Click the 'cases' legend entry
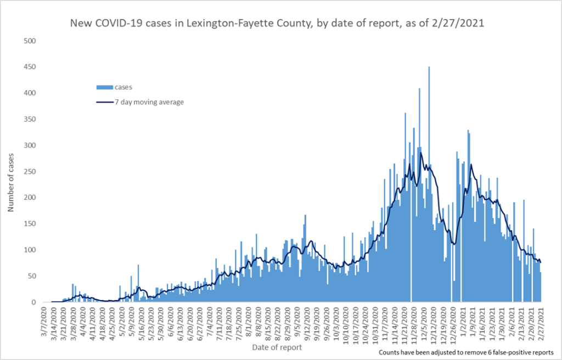coord(121,87)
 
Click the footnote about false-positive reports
coord(466,352)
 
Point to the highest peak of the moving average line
coord(421,153)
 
